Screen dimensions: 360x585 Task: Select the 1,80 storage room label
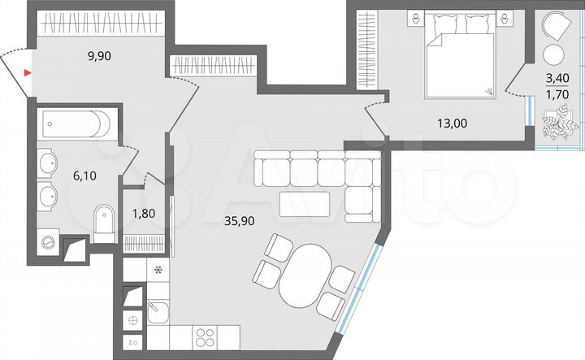[x=145, y=215]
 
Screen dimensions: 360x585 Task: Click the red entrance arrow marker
[x=28, y=73]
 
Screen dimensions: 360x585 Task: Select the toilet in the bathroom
[x=106, y=223]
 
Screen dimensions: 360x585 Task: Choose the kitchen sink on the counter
[x=158, y=312]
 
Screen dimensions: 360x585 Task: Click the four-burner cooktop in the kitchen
[x=204, y=337]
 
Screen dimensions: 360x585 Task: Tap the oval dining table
[x=305, y=275]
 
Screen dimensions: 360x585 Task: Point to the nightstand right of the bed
[x=509, y=19]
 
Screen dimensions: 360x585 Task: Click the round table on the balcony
[x=554, y=54]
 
